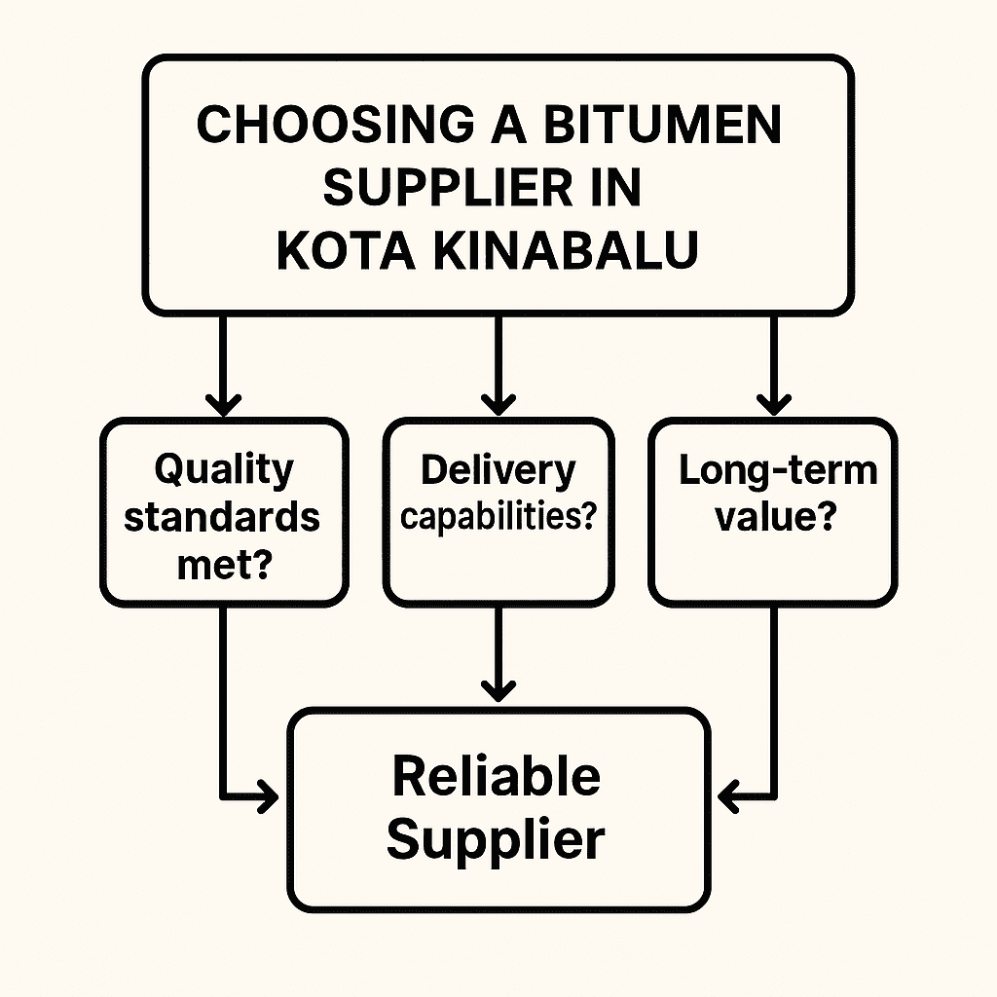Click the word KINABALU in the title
pos(565,250)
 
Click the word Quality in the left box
pos(223,469)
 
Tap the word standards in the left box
pos(223,516)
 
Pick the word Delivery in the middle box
pos(498,470)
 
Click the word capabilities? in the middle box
pos(498,517)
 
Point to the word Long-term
pos(777,470)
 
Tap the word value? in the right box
pos(775,517)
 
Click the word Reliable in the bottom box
pos(496,776)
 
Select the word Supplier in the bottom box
pos(496,839)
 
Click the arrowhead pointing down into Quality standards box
pos(224,402)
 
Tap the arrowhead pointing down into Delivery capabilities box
pos(498,402)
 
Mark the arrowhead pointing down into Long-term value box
pos(775,402)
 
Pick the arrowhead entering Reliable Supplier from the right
pos(729,799)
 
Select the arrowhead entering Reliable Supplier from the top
pos(498,690)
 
